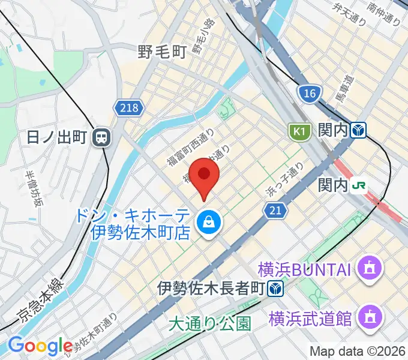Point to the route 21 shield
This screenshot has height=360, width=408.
pos(274,209)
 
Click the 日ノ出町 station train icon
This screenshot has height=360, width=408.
pos(101,138)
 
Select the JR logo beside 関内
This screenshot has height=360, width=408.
pos(359,185)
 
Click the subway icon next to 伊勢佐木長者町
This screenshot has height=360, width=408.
pos(276,289)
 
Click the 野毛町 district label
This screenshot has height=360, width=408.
pos(162,53)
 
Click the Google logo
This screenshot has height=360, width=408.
pos(41,346)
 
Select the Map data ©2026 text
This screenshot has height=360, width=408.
pos(358,351)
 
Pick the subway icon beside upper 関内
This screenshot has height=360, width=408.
pos(359,130)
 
